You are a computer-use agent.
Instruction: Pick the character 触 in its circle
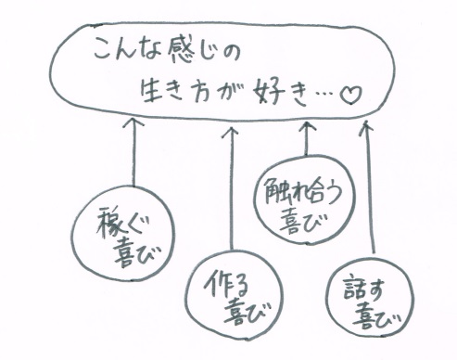[x=276, y=193]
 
